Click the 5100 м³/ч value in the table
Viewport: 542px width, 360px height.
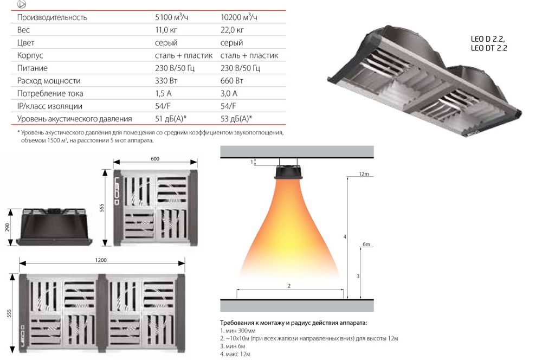click(x=171, y=17)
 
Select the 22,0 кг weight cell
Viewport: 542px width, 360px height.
click(x=232, y=30)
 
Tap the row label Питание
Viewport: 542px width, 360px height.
click(x=32, y=68)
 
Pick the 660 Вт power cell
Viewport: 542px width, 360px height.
click(x=231, y=81)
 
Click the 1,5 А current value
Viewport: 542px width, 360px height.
click(x=163, y=93)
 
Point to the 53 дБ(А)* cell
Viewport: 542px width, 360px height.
click(x=236, y=119)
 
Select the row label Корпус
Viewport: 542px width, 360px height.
click(x=30, y=55)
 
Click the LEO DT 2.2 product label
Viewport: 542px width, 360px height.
click(x=489, y=48)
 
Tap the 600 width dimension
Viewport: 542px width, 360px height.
click(x=155, y=159)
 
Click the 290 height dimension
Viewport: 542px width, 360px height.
click(x=8, y=227)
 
